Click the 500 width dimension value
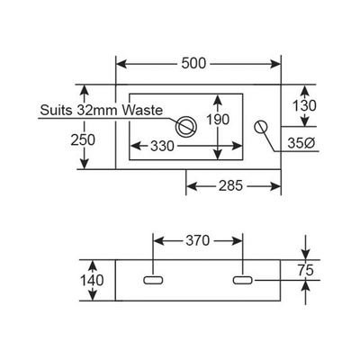(193, 63)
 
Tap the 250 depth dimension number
(83, 139)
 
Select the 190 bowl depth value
(218, 120)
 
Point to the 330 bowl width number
(162, 146)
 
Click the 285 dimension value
(230, 186)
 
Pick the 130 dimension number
(304, 106)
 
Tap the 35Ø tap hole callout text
(301, 143)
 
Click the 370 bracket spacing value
(197, 240)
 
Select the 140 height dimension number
(92, 281)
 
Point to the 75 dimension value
(306, 270)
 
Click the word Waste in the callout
(143, 110)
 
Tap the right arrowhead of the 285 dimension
(275, 186)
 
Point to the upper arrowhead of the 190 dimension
(218, 99)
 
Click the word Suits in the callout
(57, 111)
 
